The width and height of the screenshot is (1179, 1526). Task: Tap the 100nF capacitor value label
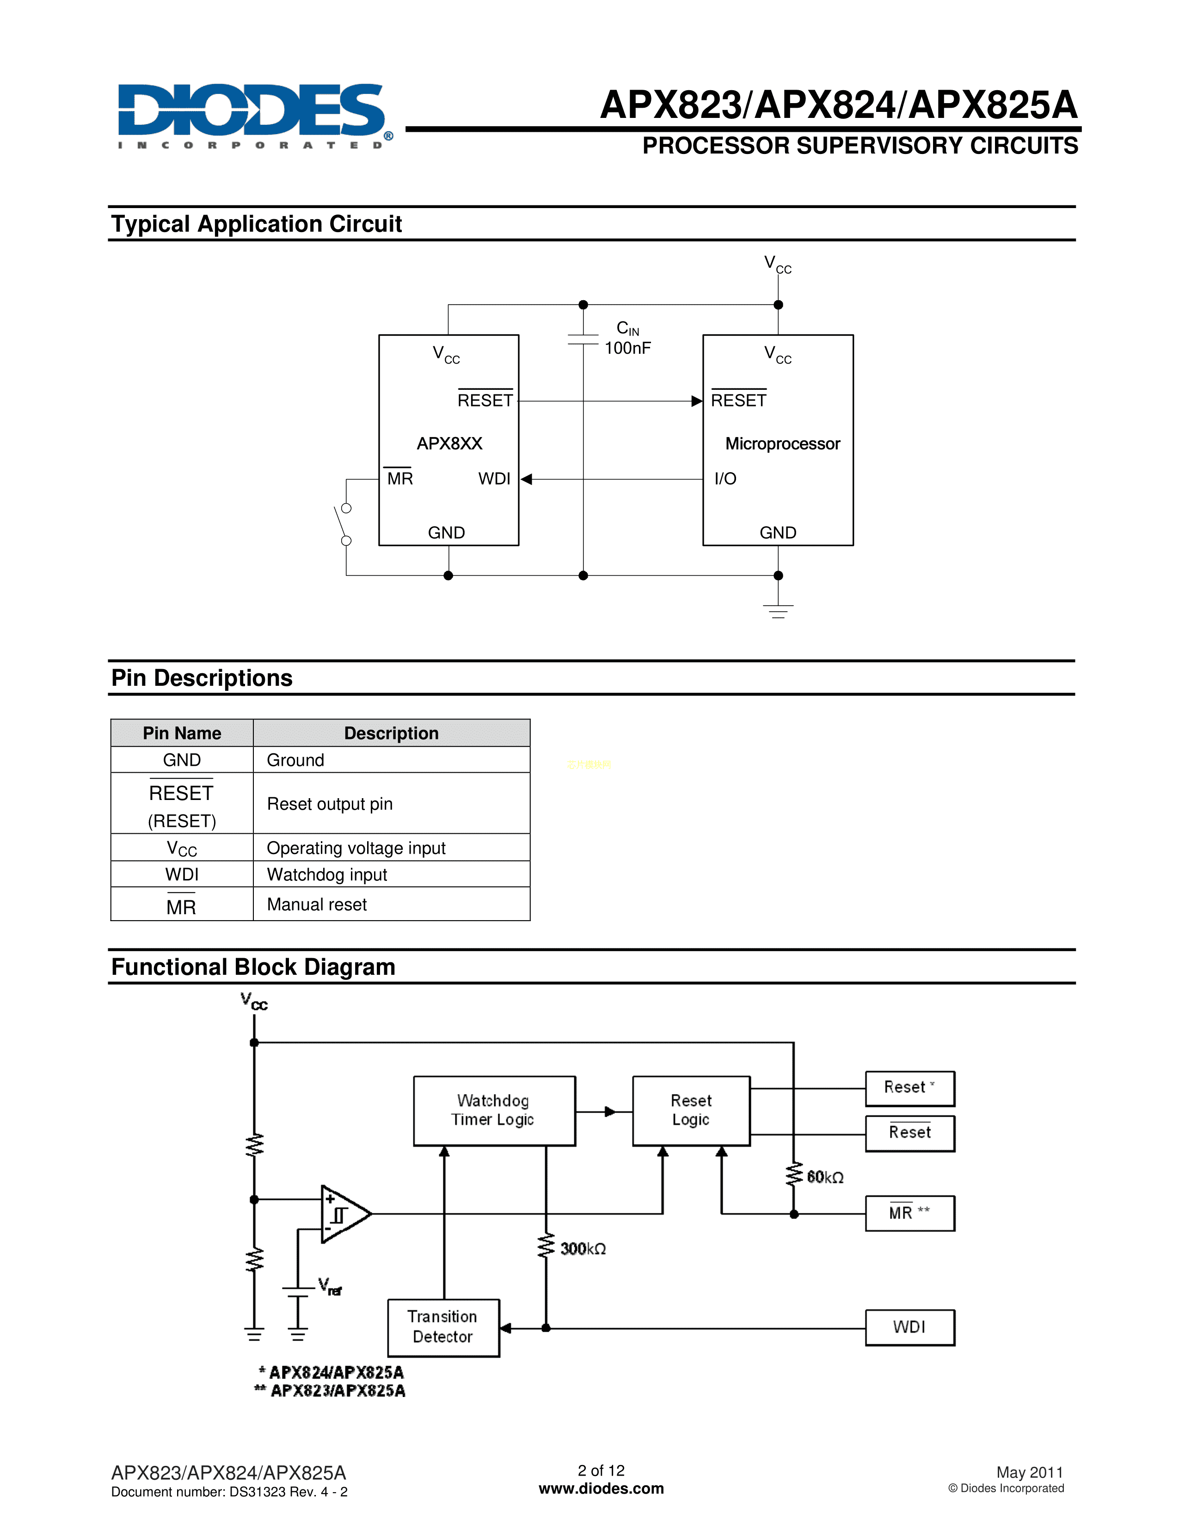coord(627,348)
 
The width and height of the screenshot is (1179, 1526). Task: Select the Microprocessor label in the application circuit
coord(782,443)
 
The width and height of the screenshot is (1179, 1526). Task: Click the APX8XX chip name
coord(449,443)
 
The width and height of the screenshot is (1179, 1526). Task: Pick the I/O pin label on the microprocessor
coord(725,479)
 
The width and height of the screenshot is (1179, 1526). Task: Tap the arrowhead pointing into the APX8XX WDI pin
coord(527,480)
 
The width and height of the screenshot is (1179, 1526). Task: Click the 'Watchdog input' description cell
coord(391,874)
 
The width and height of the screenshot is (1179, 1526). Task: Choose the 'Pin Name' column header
coord(182,733)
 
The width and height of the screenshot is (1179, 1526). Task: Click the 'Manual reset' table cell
coord(391,904)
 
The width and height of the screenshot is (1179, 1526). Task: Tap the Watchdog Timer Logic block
coord(494,1110)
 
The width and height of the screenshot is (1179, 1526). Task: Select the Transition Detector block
coord(443,1327)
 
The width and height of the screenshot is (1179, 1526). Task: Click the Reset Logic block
coord(691,1110)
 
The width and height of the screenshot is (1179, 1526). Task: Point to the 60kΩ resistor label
coord(825,1177)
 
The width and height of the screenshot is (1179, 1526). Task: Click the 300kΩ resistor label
coord(583,1249)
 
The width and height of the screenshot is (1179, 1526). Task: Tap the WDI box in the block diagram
coord(909,1327)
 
